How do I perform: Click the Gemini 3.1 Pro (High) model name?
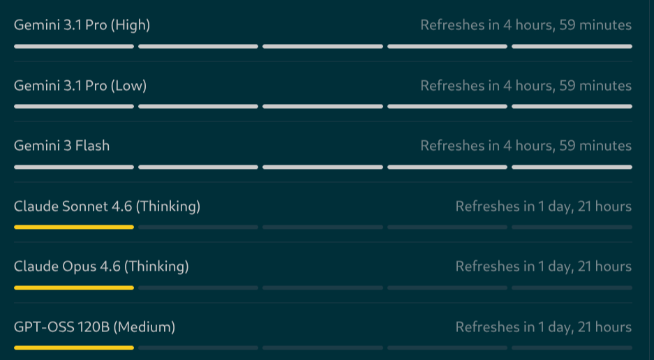82,25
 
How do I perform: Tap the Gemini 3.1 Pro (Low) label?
80,86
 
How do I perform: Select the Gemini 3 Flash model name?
61,146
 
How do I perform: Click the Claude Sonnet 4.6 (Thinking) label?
107,207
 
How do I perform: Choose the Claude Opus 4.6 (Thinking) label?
101,267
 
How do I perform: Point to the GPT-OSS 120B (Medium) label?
94,327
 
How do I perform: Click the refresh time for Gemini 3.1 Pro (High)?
526,25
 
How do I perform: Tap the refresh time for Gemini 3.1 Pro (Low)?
526,86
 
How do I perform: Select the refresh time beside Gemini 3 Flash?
526,146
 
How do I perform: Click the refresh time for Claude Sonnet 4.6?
544,207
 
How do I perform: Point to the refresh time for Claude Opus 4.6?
544,267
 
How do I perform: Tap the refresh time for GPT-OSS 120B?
544,327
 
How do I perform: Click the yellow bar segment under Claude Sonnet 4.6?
74,227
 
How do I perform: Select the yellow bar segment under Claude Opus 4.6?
74,288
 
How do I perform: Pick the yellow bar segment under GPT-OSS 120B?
74,347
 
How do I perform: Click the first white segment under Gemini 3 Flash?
74,167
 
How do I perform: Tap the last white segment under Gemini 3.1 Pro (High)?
572,46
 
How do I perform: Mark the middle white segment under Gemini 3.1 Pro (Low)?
323,107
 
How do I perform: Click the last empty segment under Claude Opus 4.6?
572,288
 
